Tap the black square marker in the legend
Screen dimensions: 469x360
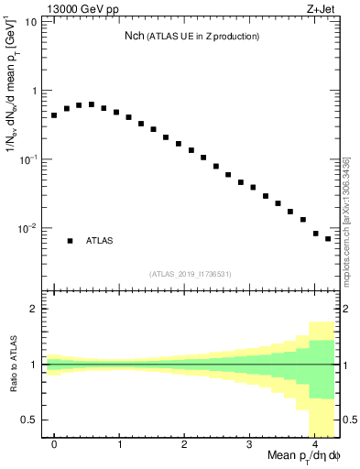pos(70,241)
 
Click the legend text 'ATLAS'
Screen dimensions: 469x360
pos(100,241)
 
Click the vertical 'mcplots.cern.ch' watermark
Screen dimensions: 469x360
pos(348,220)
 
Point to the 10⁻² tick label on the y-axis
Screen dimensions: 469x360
pos(27,228)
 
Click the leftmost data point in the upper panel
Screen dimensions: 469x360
pos(54,115)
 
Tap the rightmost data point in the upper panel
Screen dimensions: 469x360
pos(328,239)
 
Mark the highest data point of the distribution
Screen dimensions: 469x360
pos(92,104)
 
